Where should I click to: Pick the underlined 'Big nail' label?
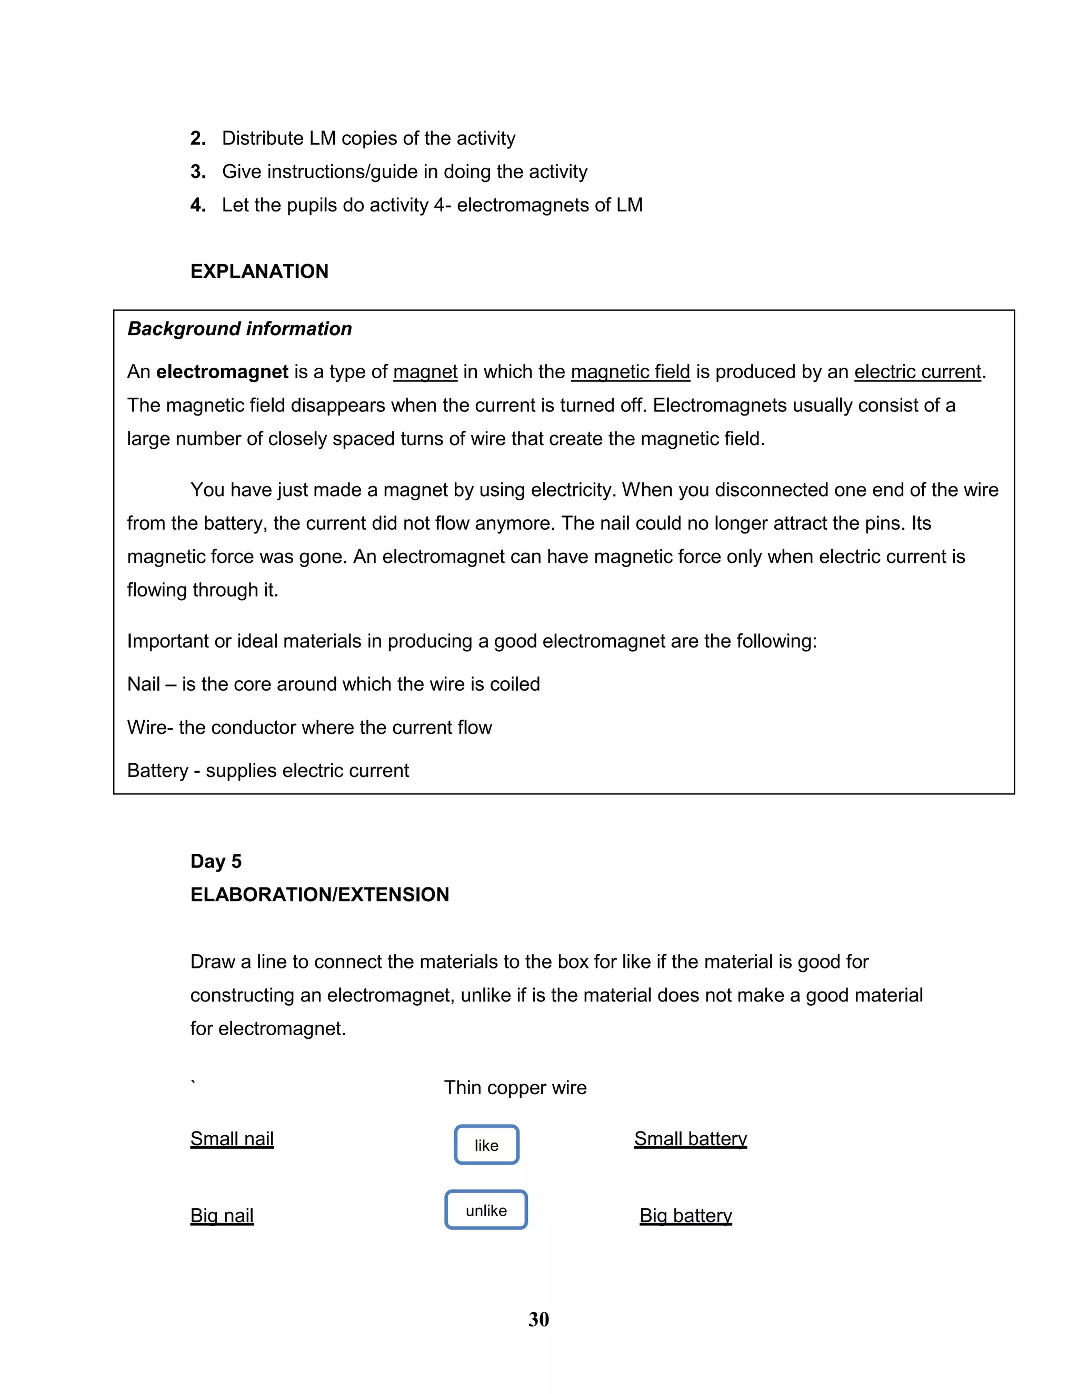[x=222, y=1215]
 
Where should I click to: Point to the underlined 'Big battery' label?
[x=685, y=1215]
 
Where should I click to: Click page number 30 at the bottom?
[x=538, y=1319]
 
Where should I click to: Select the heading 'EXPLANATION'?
[x=259, y=271]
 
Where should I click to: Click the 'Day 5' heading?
[x=216, y=861]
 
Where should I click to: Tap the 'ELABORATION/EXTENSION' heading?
[x=320, y=894]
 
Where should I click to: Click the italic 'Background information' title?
[x=239, y=329]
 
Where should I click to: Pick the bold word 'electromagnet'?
[x=222, y=371]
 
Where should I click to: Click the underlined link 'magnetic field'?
[x=630, y=371]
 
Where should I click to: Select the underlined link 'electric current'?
[x=917, y=371]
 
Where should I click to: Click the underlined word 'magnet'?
[x=425, y=371]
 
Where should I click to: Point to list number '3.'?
[x=198, y=171]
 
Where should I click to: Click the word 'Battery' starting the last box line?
[x=157, y=771]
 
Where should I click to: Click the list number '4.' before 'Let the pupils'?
[x=198, y=205]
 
